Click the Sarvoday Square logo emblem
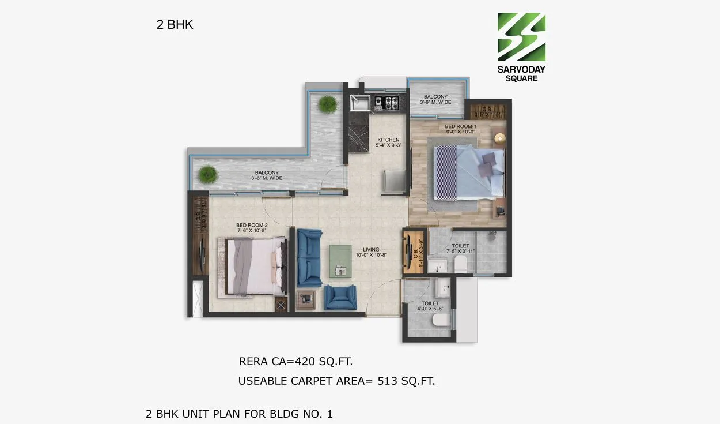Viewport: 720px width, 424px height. tap(521, 37)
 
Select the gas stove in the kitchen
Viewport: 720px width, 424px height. tap(387, 103)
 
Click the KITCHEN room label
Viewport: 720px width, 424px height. tap(388, 140)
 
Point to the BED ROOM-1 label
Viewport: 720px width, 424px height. tap(460, 126)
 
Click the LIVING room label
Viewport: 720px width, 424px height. tap(371, 250)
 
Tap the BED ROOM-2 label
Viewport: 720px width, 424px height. tap(252, 225)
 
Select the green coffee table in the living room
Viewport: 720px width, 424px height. tap(340, 262)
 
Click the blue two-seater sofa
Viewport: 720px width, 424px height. tap(310, 257)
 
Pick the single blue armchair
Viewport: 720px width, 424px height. tap(340, 297)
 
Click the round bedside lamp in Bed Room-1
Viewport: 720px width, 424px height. tap(499, 138)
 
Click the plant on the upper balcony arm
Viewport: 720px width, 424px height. tap(328, 104)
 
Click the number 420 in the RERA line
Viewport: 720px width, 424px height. tap(305, 362)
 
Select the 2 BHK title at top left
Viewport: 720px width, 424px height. tap(175, 25)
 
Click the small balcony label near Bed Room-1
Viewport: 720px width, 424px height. tap(435, 97)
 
